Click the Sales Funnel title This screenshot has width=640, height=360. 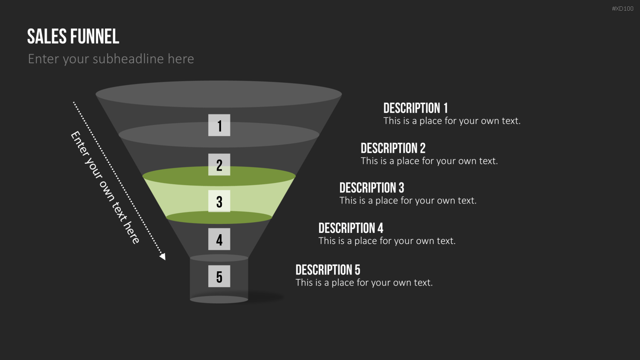click(73, 36)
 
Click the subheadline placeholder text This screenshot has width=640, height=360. click(111, 59)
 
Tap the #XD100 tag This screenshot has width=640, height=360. click(623, 9)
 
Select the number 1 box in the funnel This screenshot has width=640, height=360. click(219, 125)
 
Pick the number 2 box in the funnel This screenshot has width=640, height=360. click(219, 165)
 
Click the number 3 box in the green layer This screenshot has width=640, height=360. click(219, 201)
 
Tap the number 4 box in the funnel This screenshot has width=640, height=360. click(219, 239)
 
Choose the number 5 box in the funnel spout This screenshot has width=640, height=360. click(219, 276)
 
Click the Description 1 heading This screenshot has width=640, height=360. click(416, 108)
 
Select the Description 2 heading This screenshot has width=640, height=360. click(393, 148)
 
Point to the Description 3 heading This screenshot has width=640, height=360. click(372, 188)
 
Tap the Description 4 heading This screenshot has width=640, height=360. click(351, 228)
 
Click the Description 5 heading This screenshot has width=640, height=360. click(328, 270)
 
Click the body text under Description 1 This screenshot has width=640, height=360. click(452, 121)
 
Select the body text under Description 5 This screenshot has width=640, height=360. click(364, 282)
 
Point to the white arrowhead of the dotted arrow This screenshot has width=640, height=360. click(163, 257)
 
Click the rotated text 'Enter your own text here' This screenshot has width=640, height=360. click(105, 187)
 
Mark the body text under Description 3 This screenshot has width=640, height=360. click(408, 200)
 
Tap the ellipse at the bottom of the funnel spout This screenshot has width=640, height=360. click(219, 299)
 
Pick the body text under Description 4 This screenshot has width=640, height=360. click(387, 241)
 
